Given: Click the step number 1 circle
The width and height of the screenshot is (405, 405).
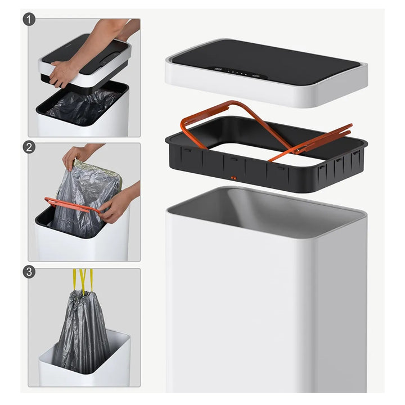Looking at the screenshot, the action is [x=29, y=19].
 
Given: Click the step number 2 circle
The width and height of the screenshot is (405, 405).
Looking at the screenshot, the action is [x=29, y=147].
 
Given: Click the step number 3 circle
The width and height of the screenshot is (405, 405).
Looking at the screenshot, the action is [x=29, y=272].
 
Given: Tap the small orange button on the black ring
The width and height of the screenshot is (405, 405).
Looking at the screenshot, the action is [x=233, y=178].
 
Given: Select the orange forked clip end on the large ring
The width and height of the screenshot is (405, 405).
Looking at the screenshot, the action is [x=323, y=141].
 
